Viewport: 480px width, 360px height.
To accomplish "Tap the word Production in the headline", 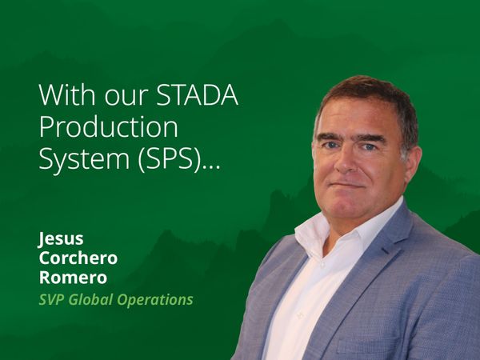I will [109, 127].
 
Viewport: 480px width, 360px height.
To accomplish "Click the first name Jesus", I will [61, 239].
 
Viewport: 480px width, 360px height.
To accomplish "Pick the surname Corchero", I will [78, 258].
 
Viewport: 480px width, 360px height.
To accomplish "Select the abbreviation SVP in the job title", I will [52, 301].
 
